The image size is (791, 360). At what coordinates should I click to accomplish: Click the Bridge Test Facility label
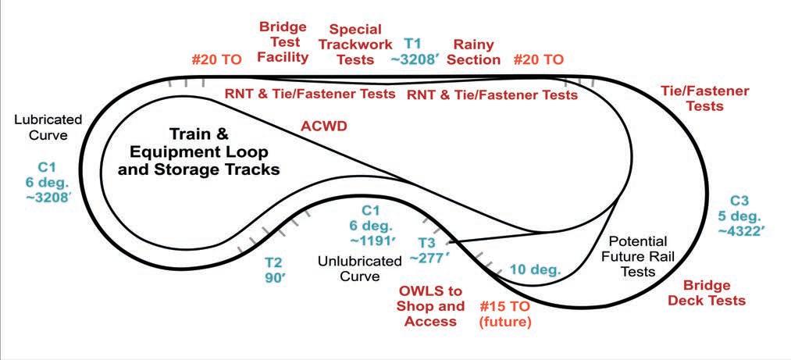(x=283, y=43)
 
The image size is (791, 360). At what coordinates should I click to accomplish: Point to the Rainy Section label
(x=473, y=52)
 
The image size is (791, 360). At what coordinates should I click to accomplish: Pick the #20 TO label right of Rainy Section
(x=538, y=59)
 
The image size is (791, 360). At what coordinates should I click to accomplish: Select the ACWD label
(x=323, y=125)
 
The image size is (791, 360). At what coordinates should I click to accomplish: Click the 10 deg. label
(x=535, y=269)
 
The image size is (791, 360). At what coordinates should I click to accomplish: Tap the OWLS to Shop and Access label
(x=431, y=306)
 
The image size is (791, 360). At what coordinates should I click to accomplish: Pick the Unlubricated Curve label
(x=349, y=268)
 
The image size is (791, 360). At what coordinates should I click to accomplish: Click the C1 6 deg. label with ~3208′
(x=48, y=182)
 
